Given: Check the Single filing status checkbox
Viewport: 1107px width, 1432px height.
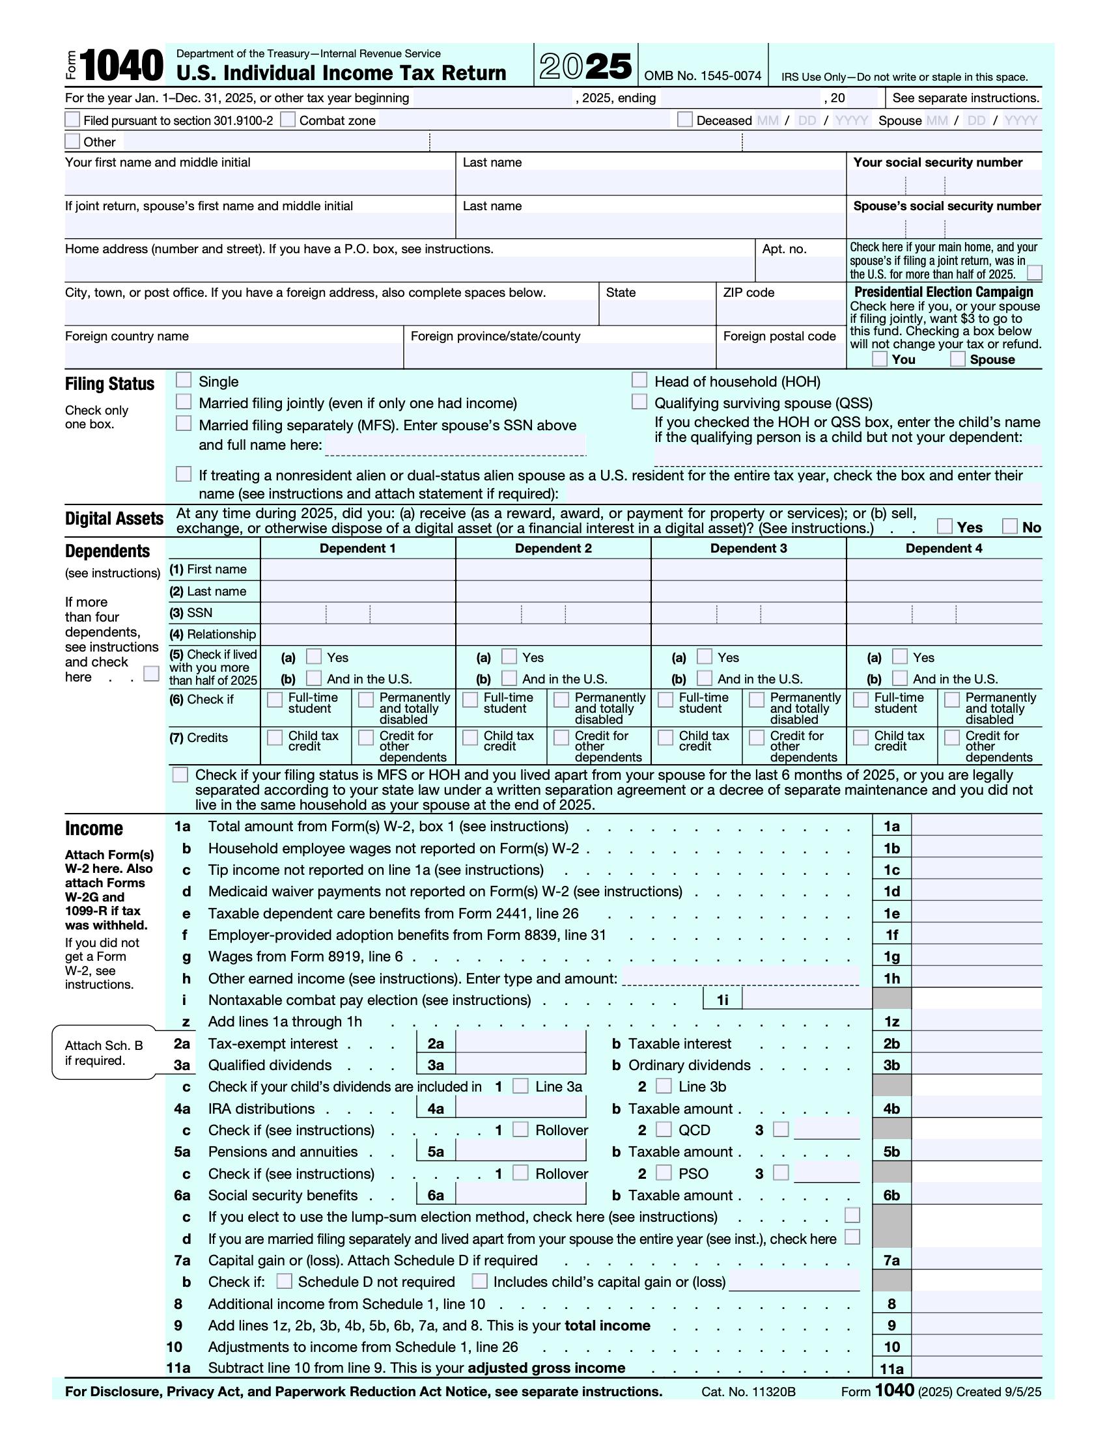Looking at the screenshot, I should tap(184, 380).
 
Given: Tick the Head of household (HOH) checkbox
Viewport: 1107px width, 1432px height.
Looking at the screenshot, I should tap(639, 380).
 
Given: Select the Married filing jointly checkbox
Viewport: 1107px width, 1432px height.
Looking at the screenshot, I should tap(184, 401).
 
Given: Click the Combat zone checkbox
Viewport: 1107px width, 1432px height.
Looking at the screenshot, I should tap(287, 119).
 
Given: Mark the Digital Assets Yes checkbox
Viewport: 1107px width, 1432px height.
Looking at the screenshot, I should tap(944, 526).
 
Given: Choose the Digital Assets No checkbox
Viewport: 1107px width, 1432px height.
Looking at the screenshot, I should tap(1010, 526).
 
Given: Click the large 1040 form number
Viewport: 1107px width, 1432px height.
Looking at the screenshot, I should tap(122, 66).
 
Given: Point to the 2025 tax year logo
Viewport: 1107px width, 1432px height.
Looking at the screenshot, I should tap(585, 66).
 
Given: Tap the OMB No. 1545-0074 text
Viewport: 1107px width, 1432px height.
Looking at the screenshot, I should tap(703, 76).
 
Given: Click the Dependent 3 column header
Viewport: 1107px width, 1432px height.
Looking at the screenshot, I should tap(748, 548).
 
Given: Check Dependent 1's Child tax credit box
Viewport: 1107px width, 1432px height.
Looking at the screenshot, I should tap(275, 737).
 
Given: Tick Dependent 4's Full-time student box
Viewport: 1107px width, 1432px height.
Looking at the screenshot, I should tap(860, 700).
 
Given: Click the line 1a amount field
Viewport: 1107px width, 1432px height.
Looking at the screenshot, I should tap(976, 826).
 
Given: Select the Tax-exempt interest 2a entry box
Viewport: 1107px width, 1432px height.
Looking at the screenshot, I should tap(520, 1043).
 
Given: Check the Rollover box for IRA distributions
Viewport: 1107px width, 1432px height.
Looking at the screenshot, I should tap(520, 1129).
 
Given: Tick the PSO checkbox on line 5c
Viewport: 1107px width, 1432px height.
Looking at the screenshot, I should tap(664, 1172).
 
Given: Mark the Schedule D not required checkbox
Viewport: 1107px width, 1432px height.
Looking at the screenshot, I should tap(284, 1280).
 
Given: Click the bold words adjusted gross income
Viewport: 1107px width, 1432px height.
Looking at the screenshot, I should tap(546, 1368).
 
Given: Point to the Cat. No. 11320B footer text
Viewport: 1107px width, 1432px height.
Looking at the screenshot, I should tap(748, 1392).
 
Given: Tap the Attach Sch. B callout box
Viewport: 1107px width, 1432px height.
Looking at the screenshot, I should tap(104, 1052).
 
